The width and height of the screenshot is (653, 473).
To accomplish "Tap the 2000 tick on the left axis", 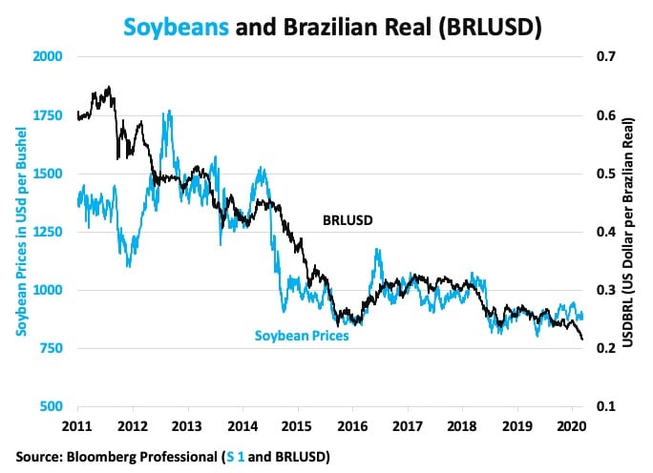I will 49,57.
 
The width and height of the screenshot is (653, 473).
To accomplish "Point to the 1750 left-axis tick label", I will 49,115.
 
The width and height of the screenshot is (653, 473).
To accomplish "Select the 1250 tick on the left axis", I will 49,232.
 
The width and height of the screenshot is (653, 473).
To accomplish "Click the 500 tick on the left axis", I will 53,407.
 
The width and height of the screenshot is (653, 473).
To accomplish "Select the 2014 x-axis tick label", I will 243,422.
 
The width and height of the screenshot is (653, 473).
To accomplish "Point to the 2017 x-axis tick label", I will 410,422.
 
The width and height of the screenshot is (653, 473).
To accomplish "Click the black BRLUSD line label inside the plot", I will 348,220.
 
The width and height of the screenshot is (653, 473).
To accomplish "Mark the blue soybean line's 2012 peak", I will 169,112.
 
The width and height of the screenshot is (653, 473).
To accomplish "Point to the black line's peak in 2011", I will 110,87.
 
